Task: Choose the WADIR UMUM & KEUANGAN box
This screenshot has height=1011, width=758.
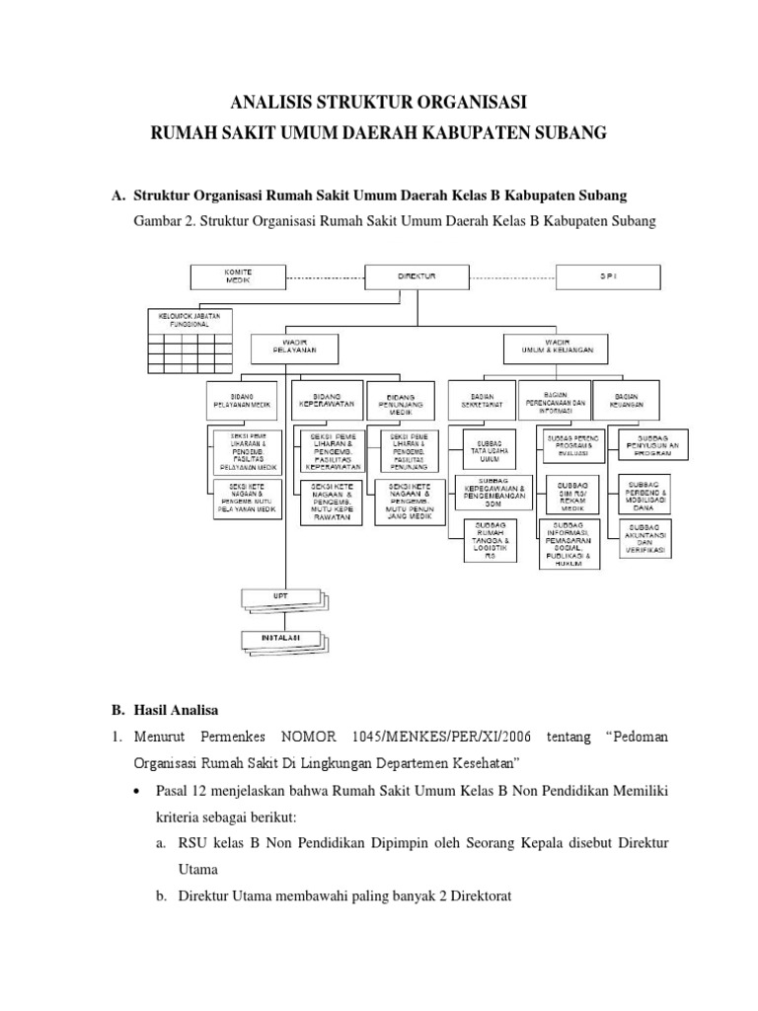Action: (x=556, y=347)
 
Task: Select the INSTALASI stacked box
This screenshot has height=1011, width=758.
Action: (x=280, y=638)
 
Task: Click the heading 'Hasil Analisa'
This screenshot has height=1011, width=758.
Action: (x=181, y=709)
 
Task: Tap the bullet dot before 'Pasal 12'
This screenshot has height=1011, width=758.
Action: (x=140, y=791)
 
